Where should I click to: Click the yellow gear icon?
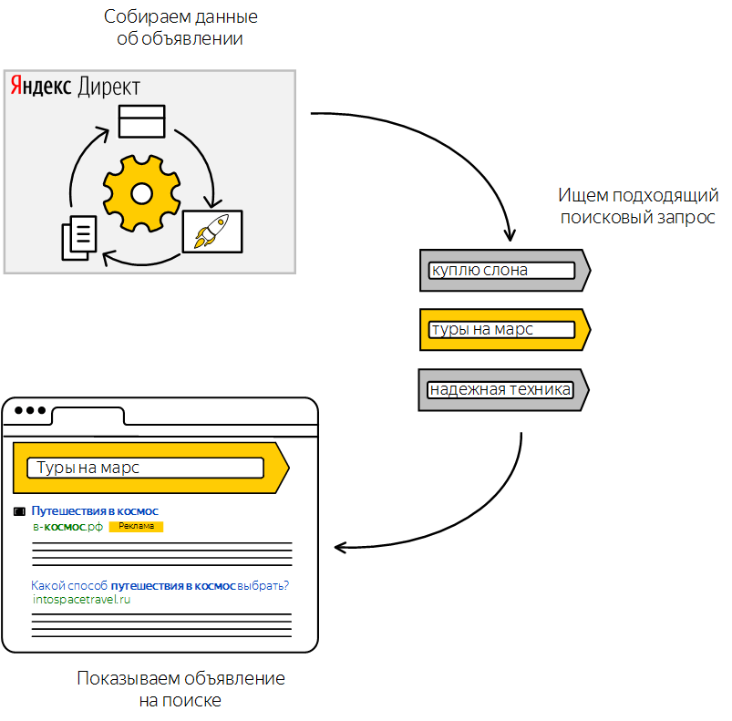[x=140, y=192]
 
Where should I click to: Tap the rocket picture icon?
[x=211, y=232]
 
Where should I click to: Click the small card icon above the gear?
[x=142, y=121]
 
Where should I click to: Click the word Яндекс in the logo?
[x=41, y=87]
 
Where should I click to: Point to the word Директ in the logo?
[x=108, y=87]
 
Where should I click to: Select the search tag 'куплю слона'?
[x=502, y=271]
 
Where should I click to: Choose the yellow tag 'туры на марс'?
[x=502, y=330]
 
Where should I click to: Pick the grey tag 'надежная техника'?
[x=500, y=390]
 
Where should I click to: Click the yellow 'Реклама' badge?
[x=135, y=527]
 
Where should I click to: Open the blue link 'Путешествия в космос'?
[x=95, y=511]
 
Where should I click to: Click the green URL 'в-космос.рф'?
[x=67, y=527]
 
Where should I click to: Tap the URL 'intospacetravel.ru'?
[x=81, y=599]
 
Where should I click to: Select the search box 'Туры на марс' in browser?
[x=146, y=468]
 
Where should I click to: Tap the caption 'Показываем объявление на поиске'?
[x=180, y=689]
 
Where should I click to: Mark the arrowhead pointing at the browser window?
[x=340, y=547]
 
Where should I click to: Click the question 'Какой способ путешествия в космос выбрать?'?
[x=166, y=585]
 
